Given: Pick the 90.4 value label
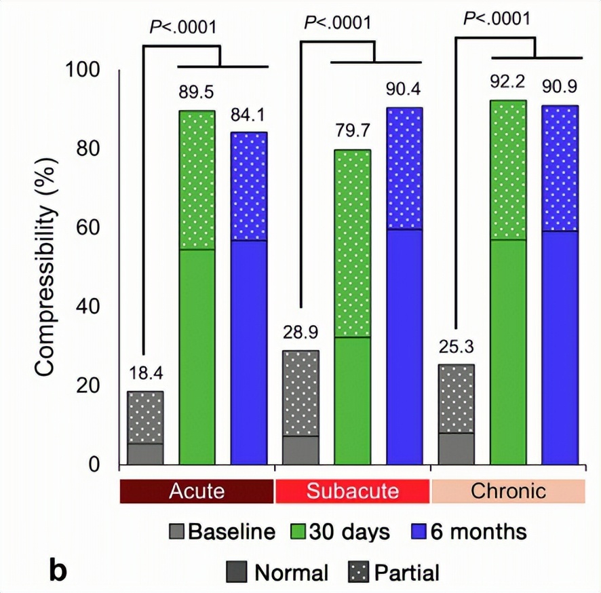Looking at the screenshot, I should point(405,89).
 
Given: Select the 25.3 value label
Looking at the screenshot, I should point(457,347).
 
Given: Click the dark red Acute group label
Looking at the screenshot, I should point(197,491).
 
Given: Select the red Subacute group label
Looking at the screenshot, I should point(353,491).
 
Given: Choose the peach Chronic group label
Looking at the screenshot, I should point(508,491).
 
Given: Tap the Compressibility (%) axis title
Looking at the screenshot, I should point(45,282).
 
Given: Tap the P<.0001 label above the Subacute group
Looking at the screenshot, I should point(338,22).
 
